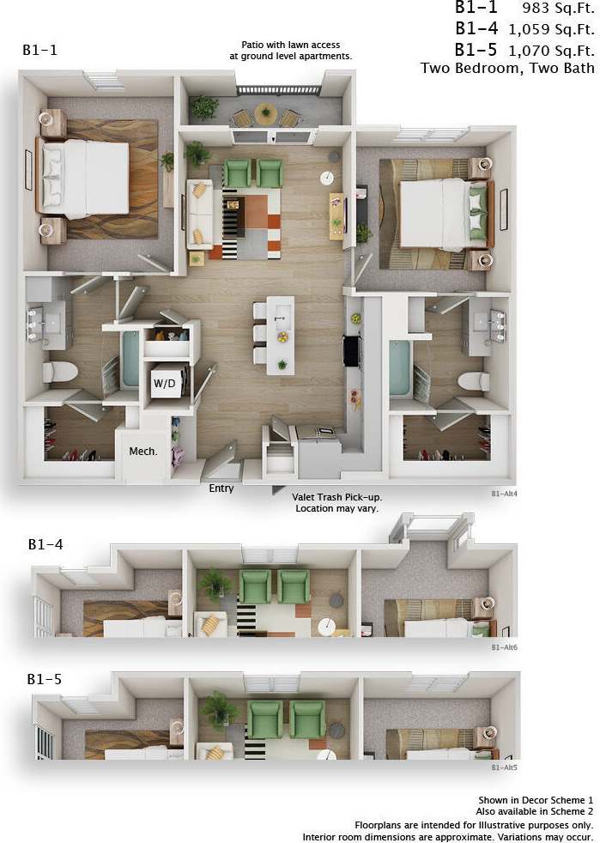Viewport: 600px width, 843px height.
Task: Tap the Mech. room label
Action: coord(142,451)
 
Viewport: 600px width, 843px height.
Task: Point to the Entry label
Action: coord(221,488)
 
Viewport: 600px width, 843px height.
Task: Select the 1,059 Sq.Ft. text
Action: coord(551,28)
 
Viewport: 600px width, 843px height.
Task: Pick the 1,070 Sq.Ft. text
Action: coord(551,49)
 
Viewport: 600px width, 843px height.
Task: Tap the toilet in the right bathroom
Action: coord(473,380)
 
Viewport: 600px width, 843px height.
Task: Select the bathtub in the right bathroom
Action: coord(401,369)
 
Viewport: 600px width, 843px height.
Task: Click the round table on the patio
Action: coord(266,111)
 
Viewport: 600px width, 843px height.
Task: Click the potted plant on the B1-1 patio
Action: coord(205,106)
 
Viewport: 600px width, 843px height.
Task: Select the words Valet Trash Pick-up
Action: coord(337,495)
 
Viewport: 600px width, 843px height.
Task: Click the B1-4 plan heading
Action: coord(45,544)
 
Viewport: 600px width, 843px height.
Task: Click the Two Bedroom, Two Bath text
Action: coord(508,69)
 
